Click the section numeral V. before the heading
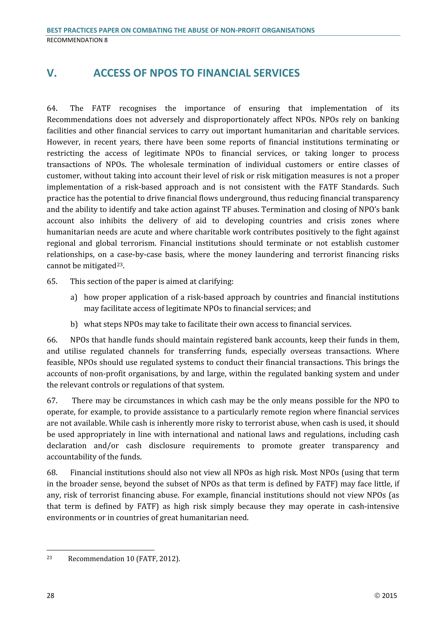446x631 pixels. [52, 73]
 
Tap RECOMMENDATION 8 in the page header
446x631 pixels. [77, 40]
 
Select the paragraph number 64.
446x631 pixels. [52, 108]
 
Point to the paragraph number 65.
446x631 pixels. [52, 282]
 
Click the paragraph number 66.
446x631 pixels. [52, 340]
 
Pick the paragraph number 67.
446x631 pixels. [52, 401]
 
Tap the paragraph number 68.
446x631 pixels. [52, 473]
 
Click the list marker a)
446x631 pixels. [74, 297]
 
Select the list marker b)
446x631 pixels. [74, 324]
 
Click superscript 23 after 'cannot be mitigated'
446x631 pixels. [120, 264]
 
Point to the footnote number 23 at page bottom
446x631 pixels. [49, 558]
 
